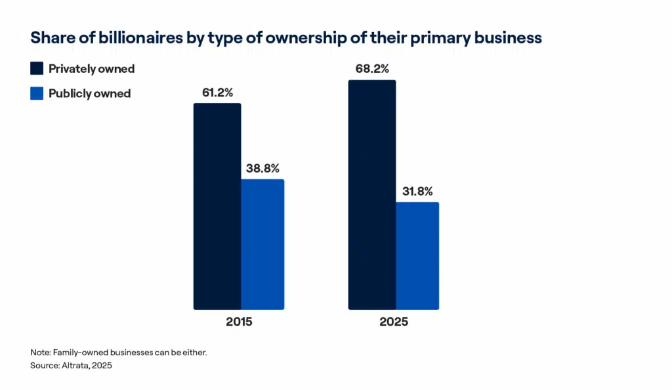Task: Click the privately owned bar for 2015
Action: pos(217,206)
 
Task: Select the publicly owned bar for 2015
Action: pos(262,244)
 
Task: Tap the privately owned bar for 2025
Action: pos(372,194)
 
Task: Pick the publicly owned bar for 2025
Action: pos(417,255)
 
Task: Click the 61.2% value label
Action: pos(217,93)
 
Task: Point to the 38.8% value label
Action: pos(263,168)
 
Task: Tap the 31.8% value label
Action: pos(417,192)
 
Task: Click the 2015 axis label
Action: pos(239,322)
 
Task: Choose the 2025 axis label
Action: pos(394,322)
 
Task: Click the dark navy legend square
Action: pos(37,69)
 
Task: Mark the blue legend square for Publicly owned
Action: pos(37,93)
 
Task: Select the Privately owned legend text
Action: pos(91,69)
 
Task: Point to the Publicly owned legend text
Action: pos(90,93)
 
